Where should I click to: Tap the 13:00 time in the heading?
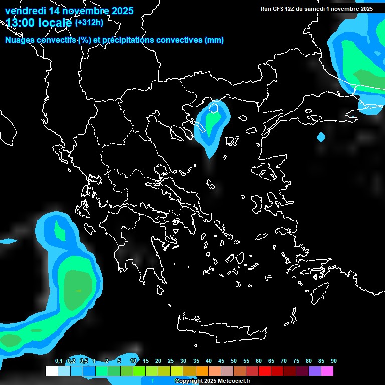pyautogui.click(x=21, y=23)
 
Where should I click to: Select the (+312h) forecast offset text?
pyautogui.click(x=89, y=23)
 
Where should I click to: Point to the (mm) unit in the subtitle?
pyautogui.click(x=214, y=40)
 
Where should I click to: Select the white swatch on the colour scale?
pyautogui.click(x=51, y=371)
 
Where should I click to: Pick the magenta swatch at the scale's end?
pyautogui.click(x=327, y=371)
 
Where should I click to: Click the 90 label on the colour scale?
pyautogui.click(x=333, y=361)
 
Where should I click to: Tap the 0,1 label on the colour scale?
pyautogui.click(x=58, y=361)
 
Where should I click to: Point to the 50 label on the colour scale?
pyautogui.click(x=233, y=361)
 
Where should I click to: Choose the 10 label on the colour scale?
pyautogui.click(x=133, y=361)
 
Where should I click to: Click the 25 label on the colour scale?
pyautogui.click(x=171, y=361)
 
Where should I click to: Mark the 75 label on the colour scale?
pyautogui.click(x=296, y=361)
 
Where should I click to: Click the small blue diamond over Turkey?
pyautogui.click(x=321, y=136)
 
